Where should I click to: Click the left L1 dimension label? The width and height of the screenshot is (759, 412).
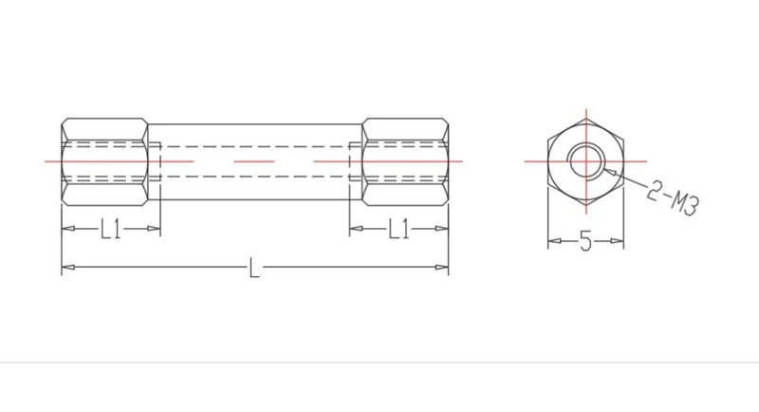[x=111, y=229]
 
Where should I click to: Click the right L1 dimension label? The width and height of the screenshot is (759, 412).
[x=398, y=229]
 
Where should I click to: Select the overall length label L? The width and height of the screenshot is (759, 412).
[x=254, y=268]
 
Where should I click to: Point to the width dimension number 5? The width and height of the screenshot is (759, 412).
[x=585, y=240]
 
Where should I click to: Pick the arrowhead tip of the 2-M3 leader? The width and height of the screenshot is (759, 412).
[x=602, y=169]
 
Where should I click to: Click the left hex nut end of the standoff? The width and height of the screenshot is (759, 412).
[x=104, y=161]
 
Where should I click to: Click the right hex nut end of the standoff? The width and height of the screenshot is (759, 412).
[x=406, y=161]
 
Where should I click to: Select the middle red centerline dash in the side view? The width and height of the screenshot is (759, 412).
[x=254, y=161]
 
